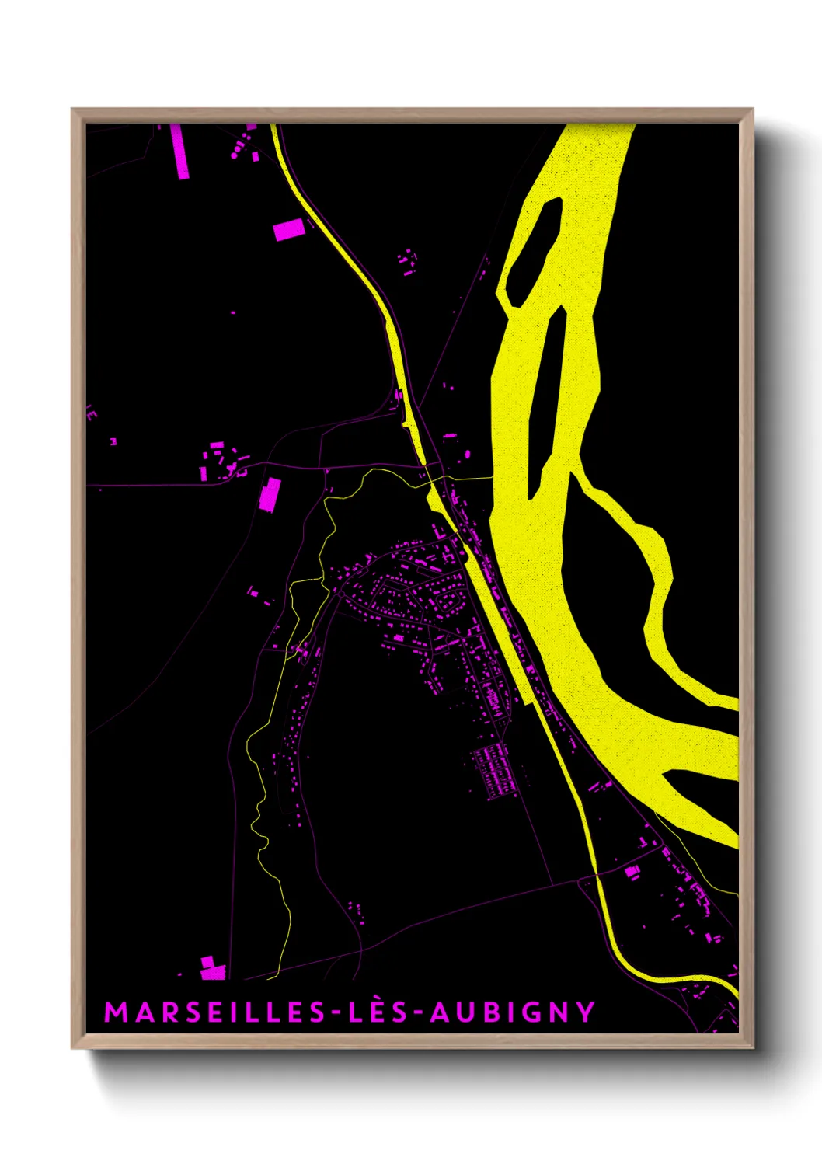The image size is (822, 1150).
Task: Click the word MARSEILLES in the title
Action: (x=215, y=1012)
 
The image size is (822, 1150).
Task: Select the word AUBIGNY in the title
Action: (x=513, y=1012)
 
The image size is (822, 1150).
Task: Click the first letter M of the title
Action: (x=114, y=1012)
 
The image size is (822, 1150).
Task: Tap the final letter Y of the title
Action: (x=587, y=1012)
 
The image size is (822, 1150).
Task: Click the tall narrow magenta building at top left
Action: (x=179, y=152)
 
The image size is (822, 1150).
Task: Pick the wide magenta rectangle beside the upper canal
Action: (x=288, y=229)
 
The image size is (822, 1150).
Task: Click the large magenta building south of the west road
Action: (x=270, y=495)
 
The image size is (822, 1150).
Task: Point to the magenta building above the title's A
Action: (x=212, y=969)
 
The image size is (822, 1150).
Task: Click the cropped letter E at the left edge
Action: (x=92, y=413)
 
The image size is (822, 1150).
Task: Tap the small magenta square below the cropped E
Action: (x=113, y=441)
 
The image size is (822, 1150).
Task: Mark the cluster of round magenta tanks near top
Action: (x=242, y=146)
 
